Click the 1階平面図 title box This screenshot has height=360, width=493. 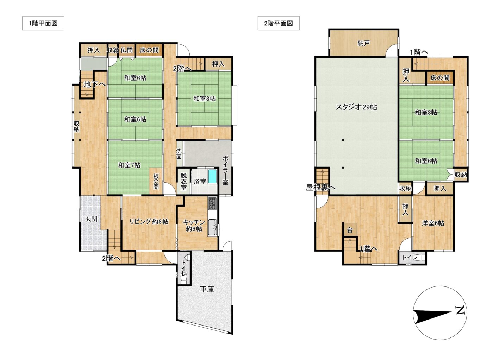point(43,23)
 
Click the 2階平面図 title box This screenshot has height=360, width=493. point(279,23)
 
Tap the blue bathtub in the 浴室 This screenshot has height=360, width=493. point(213,176)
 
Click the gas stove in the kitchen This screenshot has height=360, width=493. point(212,203)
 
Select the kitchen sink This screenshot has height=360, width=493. point(212,228)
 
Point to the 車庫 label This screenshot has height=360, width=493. point(207,289)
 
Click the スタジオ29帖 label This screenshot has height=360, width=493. point(356,107)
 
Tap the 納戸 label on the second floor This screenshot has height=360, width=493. point(363,43)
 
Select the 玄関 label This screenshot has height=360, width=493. point(91,219)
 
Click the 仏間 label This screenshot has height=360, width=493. point(126,50)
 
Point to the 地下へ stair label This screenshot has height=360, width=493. point(95,84)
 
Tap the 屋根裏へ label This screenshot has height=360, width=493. point(321,187)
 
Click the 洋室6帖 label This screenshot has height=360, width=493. point(433,223)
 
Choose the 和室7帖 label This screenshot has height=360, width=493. point(129,165)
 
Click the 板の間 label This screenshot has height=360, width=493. point(156,182)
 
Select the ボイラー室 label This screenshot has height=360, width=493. point(225,170)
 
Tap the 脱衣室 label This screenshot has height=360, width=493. point(184,182)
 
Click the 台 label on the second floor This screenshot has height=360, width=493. point(350,230)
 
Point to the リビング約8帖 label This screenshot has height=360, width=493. point(149,221)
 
